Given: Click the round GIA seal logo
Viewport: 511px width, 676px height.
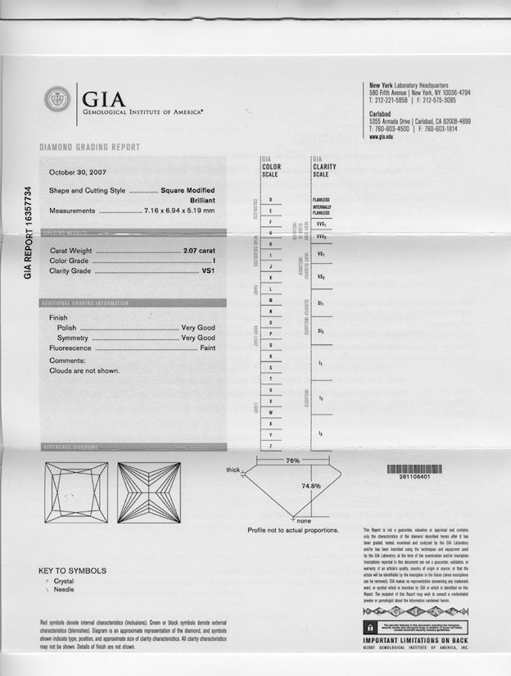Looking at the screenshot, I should (x=57, y=100).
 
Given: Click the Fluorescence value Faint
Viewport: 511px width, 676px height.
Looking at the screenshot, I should (x=208, y=348).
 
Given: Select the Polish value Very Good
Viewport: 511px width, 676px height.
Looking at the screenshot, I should (x=198, y=328).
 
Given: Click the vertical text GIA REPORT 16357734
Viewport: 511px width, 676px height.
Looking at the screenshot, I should (x=28, y=233).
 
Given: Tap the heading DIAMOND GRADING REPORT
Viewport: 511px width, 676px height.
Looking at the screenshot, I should (x=90, y=147).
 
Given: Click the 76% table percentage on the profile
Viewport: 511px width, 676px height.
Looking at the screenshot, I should (x=292, y=460).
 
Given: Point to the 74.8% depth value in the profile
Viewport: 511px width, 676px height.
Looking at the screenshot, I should (x=311, y=486).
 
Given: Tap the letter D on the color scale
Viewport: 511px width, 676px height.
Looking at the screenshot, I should (x=270, y=199).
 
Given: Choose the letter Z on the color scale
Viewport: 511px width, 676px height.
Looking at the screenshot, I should (x=270, y=444).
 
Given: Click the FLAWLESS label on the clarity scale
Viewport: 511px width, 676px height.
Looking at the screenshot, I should (x=320, y=200).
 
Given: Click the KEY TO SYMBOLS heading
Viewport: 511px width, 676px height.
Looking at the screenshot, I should (x=72, y=570).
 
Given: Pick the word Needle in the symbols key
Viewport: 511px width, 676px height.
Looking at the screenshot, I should (x=63, y=590).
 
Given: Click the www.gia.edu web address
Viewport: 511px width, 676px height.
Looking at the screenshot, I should (x=382, y=137).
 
